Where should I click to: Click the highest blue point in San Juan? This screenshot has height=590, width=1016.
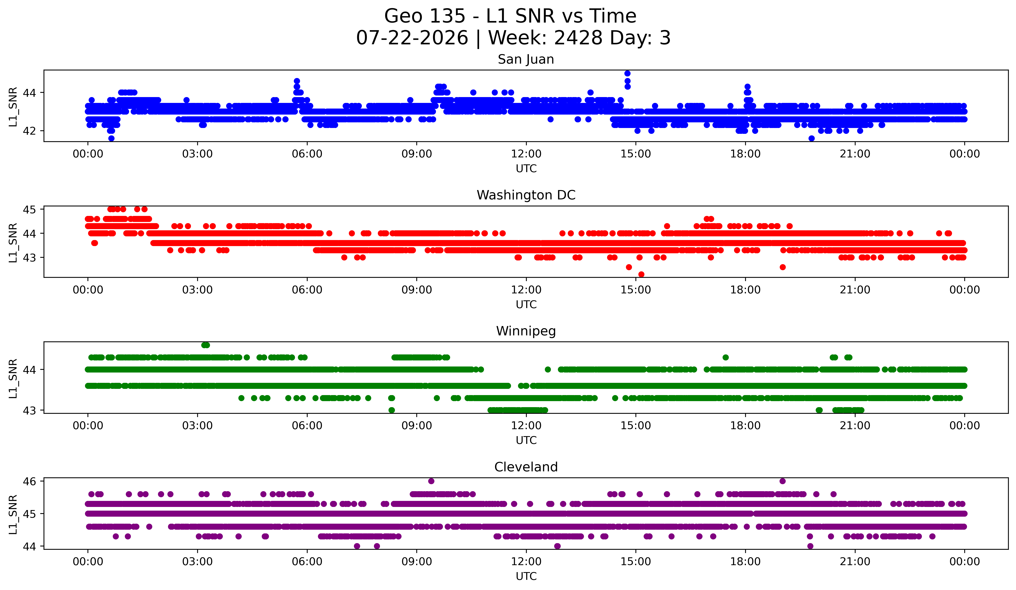[627, 73]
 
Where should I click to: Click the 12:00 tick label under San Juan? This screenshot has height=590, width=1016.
[526, 154]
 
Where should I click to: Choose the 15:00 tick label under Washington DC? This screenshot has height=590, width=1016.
[636, 290]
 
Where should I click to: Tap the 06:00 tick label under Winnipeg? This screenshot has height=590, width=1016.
[307, 426]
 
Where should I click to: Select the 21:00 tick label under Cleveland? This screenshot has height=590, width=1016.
[855, 562]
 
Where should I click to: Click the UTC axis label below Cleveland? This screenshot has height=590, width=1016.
[526, 576]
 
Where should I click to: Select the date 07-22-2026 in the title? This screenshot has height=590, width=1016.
[412, 38]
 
